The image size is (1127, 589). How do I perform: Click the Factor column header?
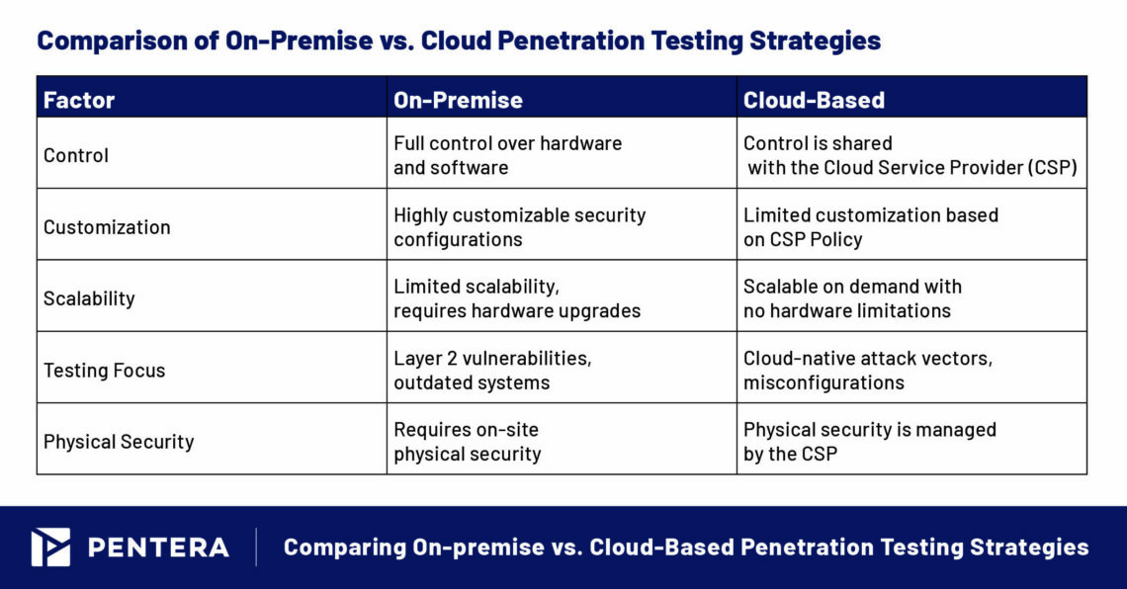(x=79, y=100)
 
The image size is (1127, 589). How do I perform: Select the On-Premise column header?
(x=458, y=100)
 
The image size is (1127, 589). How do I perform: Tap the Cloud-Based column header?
(x=814, y=100)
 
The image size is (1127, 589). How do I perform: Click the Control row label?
(x=76, y=155)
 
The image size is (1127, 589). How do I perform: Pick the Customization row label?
(x=107, y=226)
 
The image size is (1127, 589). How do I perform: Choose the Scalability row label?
(x=89, y=298)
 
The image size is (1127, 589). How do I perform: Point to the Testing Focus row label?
(x=104, y=371)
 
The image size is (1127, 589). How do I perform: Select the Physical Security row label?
(x=119, y=442)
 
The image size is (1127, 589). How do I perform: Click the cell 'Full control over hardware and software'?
(x=507, y=155)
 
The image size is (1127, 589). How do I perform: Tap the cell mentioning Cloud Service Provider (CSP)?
(x=910, y=155)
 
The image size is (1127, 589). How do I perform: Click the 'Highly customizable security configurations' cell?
(x=519, y=226)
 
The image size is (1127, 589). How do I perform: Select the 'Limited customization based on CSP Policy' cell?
(x=870, y=226)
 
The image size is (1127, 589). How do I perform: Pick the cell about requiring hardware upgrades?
(x=516, y=298)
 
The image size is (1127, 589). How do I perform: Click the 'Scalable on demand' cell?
(x=852, y=298)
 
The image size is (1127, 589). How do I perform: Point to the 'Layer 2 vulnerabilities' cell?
(x=492, y=371)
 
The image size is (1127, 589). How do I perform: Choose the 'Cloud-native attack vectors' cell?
(x=867, y=371)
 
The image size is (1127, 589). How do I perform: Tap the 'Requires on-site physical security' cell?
(x=467, y=442)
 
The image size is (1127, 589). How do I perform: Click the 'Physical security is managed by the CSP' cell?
(x=869, y=442)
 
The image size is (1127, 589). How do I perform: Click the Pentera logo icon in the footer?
(x=50, y=547)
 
